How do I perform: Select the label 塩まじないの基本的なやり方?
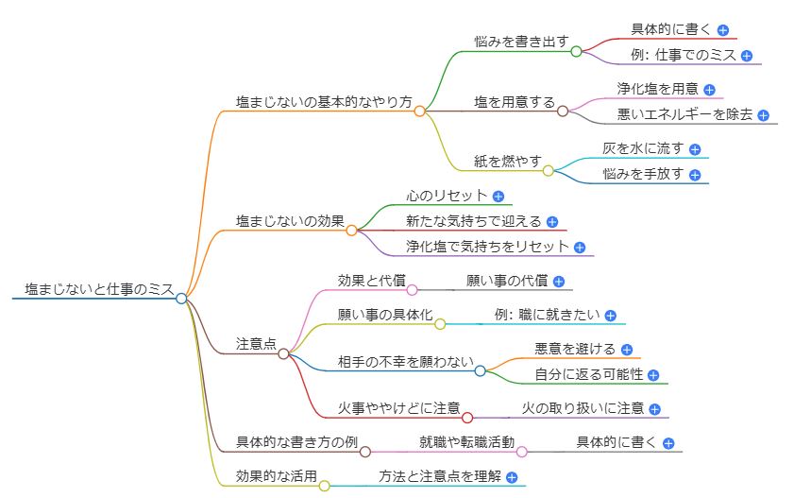[324, 102]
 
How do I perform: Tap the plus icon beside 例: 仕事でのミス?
[747, 56]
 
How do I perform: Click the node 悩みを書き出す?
[521, 43]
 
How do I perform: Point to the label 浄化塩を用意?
[658, 89]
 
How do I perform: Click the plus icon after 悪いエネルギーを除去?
[763, 115]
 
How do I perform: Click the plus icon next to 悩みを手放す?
[695, 175]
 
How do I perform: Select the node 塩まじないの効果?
[290, 221]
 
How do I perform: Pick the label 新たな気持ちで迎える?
[474, 221]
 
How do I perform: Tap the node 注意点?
[256, 345]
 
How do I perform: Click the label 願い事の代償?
[507, 281]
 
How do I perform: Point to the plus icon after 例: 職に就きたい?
[611, 316]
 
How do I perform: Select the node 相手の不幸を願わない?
[404, 362]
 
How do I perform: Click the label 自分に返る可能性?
[589, 375]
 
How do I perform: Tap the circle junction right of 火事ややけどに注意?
[467, 417]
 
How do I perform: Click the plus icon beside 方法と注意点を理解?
[512, 478]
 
